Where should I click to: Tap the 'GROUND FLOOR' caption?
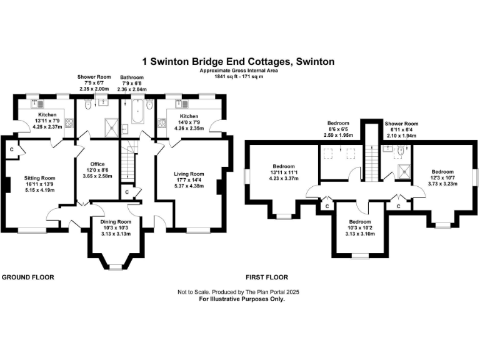[x=27, y=277]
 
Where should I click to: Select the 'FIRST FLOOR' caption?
[x=267, y=277]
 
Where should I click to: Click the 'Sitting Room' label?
[x=40, y=178]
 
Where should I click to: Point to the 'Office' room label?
[x=97, y=164]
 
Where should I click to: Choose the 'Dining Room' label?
[x=116, y=222]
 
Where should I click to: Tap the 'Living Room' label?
[x=189, y=174]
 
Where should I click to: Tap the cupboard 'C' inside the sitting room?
[x=12, y=150]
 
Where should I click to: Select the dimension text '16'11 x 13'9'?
[x=40, y=184]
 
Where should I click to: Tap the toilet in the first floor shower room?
[x=400, y=151]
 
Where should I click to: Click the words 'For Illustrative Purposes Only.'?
[x=241, y=299]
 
